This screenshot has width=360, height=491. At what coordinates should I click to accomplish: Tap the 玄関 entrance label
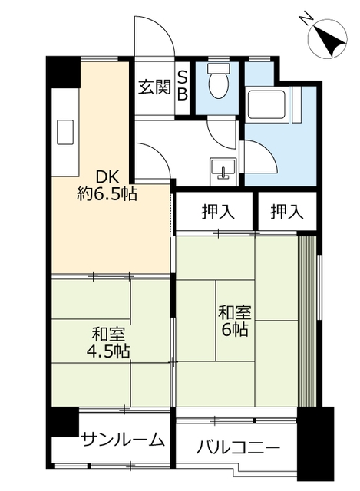pyautogui.click(x=155, y=87)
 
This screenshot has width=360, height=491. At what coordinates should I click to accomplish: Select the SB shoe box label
pyautogui.click(x=183, y=85)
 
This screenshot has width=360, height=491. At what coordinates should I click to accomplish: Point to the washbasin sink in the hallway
pyautogui.click(x=223, y=169)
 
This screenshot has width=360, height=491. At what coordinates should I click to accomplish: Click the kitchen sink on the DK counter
pyautogui.click(x=64, y=132)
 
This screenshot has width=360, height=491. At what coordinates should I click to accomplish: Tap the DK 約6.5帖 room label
pyautogui.click(x=107, y=186)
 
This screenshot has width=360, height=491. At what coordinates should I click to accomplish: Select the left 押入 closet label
pyautogui.click(x=218, y=212)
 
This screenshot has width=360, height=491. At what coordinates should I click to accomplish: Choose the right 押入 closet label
pyautogui.click(x=287, y=212)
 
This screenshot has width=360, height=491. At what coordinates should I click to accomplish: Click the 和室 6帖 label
pyautogui.click(x=234, y=321)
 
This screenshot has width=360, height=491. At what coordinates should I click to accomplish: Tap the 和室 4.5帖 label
pyautogui.click(x=108, y=342)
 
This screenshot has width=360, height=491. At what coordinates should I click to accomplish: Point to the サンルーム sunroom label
pyautogui.click(x=123, y=440)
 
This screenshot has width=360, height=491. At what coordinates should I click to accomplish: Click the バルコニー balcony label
pyautogui.click(x=238, y=448)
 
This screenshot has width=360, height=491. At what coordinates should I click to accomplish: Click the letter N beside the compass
pyautogui.click(x=306, y=18)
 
